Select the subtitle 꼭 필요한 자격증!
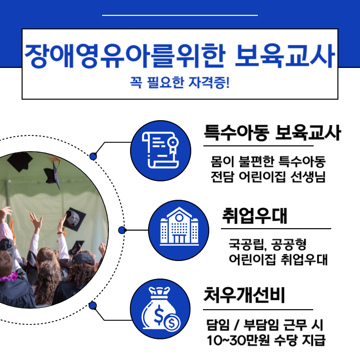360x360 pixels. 180,83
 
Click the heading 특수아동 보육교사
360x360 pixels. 272,134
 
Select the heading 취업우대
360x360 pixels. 255,216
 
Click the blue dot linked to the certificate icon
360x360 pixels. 93,156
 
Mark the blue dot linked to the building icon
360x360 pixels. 121,230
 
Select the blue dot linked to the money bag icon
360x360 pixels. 93,306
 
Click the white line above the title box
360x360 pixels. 180,15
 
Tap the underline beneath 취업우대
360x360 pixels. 276,229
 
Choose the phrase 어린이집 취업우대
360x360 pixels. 278,260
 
